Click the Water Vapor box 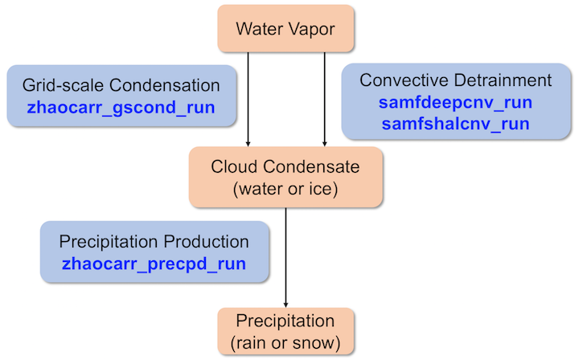pos(285,29)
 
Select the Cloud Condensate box pos(286,178)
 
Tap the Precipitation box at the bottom pos(285,332)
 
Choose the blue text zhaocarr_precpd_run pos(154,263)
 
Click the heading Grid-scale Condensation pos(121,84)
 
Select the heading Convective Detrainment pos(455,80)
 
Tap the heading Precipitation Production pos(154,242)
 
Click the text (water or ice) pos(286,190)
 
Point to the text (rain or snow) pos(285,343)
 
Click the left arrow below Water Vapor pos(248,96)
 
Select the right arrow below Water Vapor pos(324,96)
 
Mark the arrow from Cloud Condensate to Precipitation pos(286,257)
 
